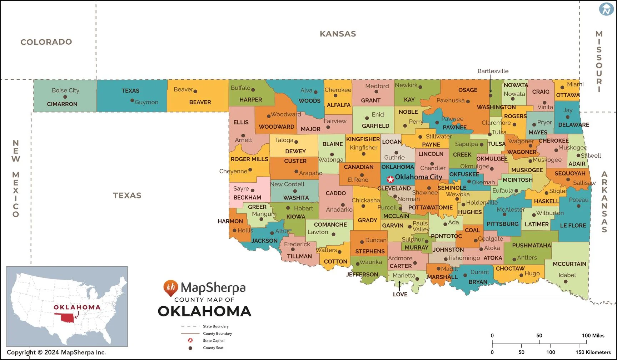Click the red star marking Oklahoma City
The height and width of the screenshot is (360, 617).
(390, 179)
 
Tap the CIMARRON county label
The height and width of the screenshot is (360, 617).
(62, 104)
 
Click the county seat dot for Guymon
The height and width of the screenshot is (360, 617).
(132, 100)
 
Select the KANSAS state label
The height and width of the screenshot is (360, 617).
(338, 34)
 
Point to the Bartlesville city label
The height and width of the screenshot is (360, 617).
(493, 71)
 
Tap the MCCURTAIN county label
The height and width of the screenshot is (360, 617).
(569, 264)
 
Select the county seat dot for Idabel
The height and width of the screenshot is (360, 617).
(566, 282)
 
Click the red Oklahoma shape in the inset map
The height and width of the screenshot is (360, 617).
(66, 318)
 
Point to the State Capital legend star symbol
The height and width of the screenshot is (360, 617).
(190, 340)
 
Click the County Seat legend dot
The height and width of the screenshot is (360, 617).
(190, 348)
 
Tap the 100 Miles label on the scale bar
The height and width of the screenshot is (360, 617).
(593, 335)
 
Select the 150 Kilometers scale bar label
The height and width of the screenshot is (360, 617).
(593, 352)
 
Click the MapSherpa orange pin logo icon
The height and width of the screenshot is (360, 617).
(170, 287)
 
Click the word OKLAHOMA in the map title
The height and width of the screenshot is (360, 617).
(205, 311)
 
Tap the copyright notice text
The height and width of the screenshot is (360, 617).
(56, 352)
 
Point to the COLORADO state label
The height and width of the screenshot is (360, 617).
(46, 42)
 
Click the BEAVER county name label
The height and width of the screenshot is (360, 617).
(200, 102)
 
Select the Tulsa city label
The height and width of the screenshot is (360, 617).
(499, 132)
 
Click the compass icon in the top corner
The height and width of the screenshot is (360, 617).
(606, 9)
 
